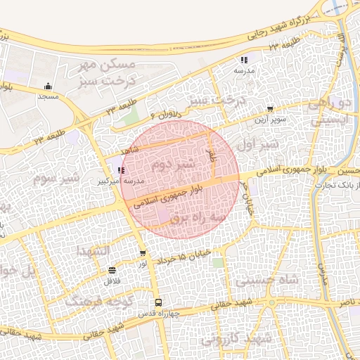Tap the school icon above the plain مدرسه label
[x=244, y=60]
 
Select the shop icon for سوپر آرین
[x=270, y=109]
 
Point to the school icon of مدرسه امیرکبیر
[x=122, y=170]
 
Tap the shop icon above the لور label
[x=143, y=253]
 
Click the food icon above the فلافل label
[x=112, y=270]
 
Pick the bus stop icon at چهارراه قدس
[x=158, y=302]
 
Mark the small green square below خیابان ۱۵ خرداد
[x=218, y=263]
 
